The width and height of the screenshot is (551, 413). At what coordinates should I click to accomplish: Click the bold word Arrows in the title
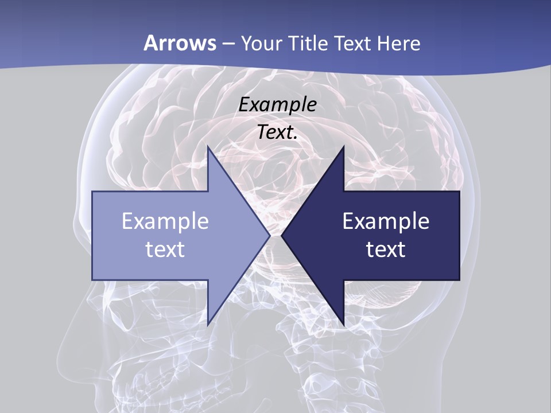click(x=180, y=43)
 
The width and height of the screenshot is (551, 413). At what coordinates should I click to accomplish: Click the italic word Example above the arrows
click(x=277, y=104)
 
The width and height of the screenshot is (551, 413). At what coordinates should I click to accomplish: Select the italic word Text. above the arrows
click(x=277, y=132)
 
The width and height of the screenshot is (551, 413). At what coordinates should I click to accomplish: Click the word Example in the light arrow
click(x=165, y=221)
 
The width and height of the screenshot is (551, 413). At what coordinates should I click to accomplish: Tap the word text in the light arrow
click(x=165, y=249)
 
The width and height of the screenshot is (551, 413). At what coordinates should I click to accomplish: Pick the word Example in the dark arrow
click(x=386, y=221)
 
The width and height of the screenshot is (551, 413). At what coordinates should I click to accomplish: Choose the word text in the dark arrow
click(x=386, y=249)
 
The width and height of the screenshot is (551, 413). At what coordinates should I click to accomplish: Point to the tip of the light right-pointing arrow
click(x=270, y=236)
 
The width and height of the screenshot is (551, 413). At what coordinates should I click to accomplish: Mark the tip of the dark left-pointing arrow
click(x=281, y=236)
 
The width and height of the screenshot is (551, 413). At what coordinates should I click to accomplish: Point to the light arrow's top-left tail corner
click(x=92, y=192)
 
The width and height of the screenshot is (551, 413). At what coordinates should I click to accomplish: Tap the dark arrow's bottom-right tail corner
click(x=459, y=280)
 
